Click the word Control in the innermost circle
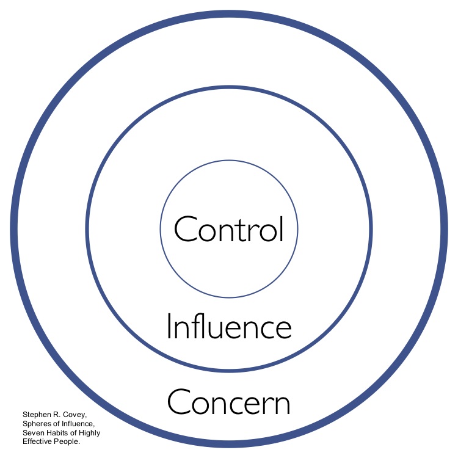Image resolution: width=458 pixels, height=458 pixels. pyautogui.click(x=229, y=230)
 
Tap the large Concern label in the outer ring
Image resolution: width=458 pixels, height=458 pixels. pyautogui.click(x=229, y=403)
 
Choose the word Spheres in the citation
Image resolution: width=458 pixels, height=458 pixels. pyautogui.click(x=37, y=423)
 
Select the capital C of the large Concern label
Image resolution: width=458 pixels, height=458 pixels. pyautogui.click(x=178, y=404)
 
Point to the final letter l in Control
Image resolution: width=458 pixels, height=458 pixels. pyautogui.click(x=282, y=228)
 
